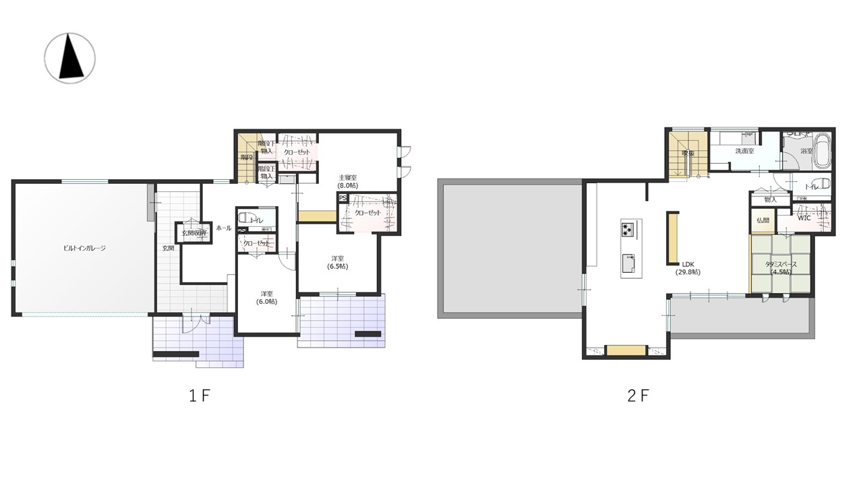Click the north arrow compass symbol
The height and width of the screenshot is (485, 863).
[x=69, y=58]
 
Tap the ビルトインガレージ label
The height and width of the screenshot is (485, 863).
[x=84, y=248]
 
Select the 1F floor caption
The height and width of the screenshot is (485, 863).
[x=200, y=395]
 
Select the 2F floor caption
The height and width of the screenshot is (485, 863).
[x=638, y=395]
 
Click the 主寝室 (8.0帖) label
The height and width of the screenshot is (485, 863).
[x=347, y=181]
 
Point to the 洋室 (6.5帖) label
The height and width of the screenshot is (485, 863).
[x=338, y=262]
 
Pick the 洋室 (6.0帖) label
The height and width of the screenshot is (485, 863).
[x=266, y=297]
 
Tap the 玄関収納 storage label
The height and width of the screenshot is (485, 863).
[x=193, y=233]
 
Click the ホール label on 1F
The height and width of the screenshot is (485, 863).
[x=223, y=228]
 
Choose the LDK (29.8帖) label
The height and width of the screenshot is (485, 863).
[x=688, y=268]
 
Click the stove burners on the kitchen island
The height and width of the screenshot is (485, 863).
[x=628, y=229]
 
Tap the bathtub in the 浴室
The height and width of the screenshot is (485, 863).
[x=822, y=152]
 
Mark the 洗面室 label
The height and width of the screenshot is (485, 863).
[x=744, y=152]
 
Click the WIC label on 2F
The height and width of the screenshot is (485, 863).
[x=804, y=218]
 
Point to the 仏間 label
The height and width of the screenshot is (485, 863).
[x=763, y=220]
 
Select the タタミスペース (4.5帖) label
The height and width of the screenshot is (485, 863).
[x=781, y=268]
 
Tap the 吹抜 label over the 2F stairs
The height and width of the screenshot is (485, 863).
[x=688, y=153]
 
